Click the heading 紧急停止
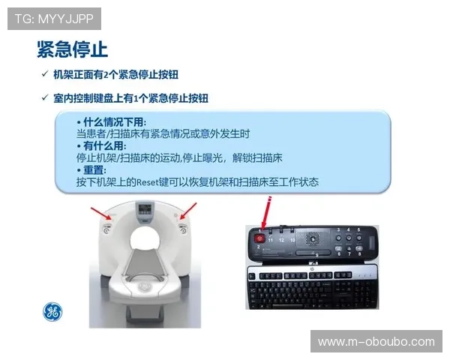pos(73,49)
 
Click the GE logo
pos(52,312)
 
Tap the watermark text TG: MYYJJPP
pos(53,18)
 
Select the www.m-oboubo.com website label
pos(376,341)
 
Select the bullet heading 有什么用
pos(103,145)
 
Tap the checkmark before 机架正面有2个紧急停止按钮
pos(45,74)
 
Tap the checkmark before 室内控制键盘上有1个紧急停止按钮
pos(45,97)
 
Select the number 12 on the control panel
pos(281,241)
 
